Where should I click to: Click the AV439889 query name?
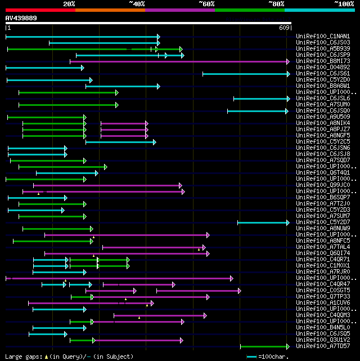coord(21,18)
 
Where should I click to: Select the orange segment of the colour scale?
coord(110,10)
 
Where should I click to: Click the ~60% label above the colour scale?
coord(206,3)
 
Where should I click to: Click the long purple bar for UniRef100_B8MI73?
coord(180,61)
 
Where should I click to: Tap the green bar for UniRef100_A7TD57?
coord(264,346)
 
